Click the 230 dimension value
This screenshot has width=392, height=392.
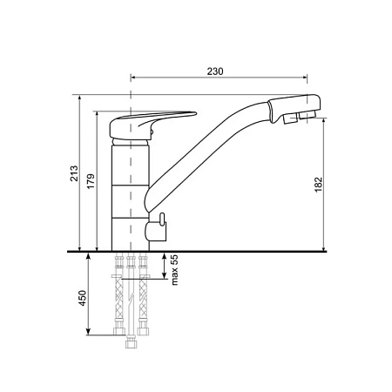[215, 71]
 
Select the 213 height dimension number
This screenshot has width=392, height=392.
[74, 173]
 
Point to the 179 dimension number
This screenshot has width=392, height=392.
[91, 181]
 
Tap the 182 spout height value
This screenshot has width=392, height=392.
[319, 185]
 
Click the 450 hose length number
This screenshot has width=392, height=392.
[83, 298]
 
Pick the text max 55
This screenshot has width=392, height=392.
[175, 270]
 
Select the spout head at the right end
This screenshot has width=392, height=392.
[294, 108]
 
